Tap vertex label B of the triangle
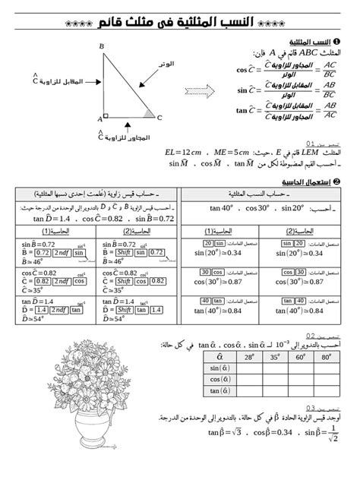[x=102, y=47]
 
